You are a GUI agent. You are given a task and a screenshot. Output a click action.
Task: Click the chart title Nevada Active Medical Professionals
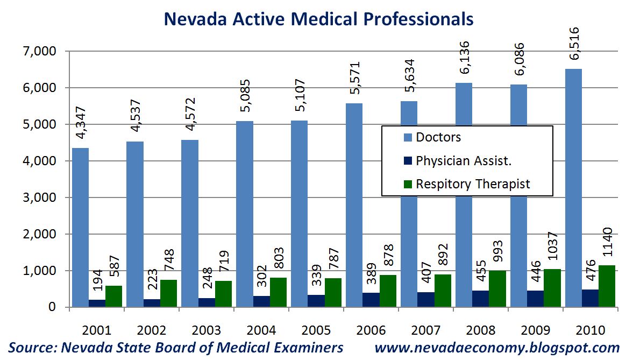click(x=318, y=19)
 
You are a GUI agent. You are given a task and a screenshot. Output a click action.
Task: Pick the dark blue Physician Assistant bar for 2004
click(x=261, y=301)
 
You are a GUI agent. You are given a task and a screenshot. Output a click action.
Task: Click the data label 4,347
click(x=81, y=123)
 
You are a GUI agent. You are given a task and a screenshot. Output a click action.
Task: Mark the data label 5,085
click(x=245, y=96)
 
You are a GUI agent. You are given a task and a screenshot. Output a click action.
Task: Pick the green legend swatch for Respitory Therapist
click(x=407, y=184)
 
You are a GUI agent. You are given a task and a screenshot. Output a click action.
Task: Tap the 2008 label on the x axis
click(x=481, y=330)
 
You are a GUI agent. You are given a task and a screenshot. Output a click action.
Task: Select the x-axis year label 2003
click(x=206, y=330)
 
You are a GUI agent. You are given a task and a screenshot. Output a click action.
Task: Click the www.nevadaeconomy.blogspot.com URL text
click(x=497, y=348)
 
